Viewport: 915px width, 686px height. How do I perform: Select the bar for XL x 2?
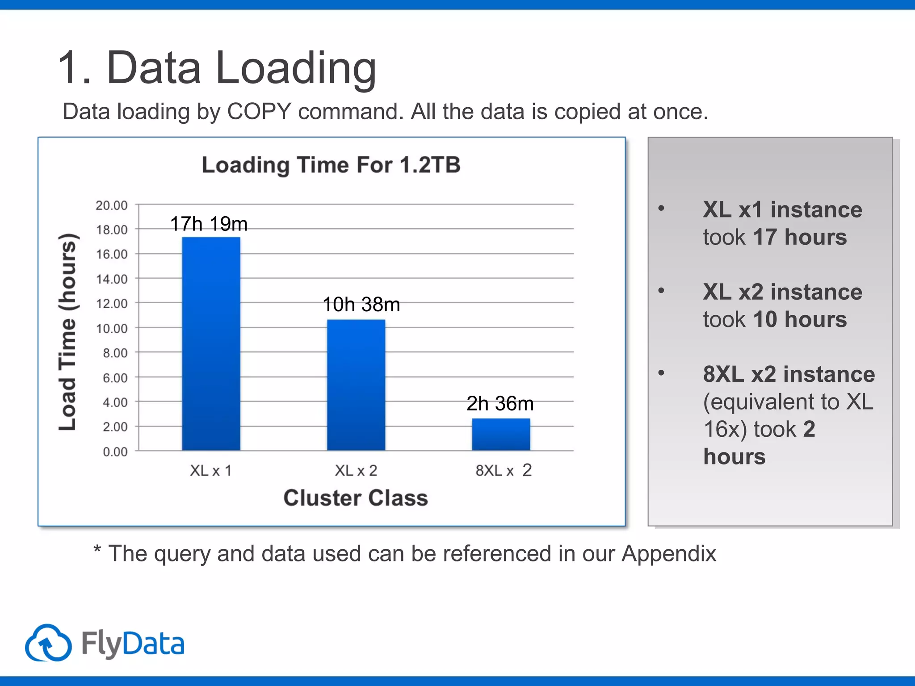coord(356,385)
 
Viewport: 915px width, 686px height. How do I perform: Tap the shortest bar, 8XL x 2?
coord(501,434)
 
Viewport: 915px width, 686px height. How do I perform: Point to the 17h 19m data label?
coord(209,224)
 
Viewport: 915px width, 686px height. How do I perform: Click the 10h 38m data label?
coord(361,305)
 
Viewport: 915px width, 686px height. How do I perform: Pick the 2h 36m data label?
coord(500,404)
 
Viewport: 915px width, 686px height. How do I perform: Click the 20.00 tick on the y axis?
coord(112,205)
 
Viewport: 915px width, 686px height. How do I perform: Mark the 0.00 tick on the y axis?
coord(115,452)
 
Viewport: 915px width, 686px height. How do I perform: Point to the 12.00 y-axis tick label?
coord(112,304)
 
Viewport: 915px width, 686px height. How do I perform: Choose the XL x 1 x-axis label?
coord(211,471)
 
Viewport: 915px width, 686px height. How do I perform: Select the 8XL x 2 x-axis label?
coord(504,471)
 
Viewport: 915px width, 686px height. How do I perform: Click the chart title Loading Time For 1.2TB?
coord(331,165)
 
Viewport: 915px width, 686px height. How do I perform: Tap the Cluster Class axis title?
coord(356,498)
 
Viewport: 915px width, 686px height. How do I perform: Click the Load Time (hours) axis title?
coord(68,332)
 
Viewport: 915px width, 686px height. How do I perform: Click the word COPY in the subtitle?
coord(259,112)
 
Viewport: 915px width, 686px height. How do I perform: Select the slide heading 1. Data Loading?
coord(217,68)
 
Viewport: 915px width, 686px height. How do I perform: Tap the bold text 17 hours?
coord(800,237)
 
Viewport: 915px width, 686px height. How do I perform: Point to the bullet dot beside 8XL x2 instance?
coord(661,372)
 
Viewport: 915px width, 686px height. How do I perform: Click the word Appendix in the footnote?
coord(669,554)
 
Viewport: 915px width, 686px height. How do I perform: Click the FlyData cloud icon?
coord(48,643)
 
